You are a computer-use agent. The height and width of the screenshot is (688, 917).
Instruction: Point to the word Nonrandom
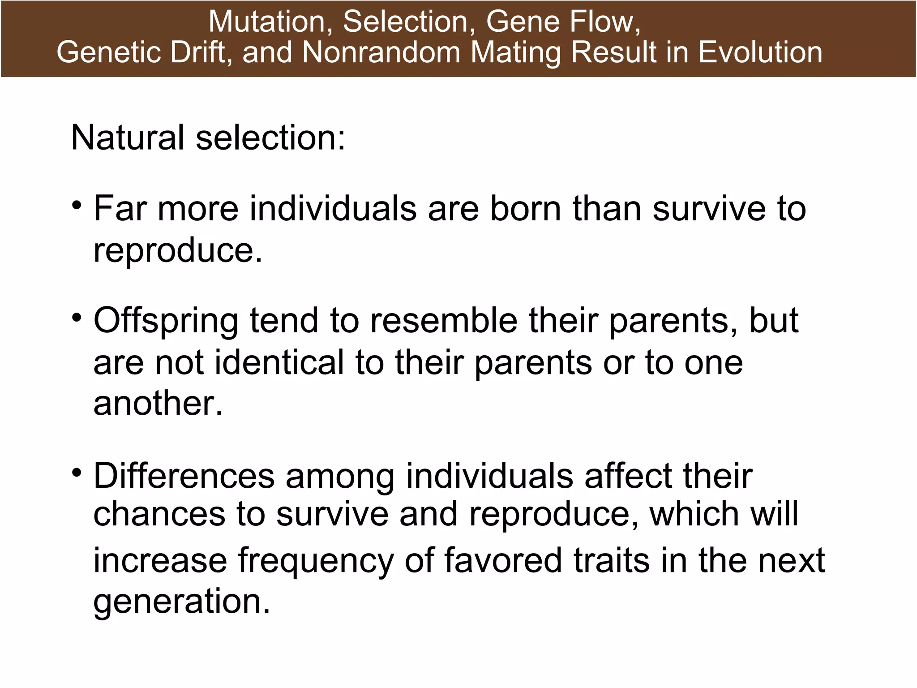[x=381, y=52]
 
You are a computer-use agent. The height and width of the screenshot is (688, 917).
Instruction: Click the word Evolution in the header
[x=760, y=52]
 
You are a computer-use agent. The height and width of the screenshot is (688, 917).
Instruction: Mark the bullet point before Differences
[x=77, y=473]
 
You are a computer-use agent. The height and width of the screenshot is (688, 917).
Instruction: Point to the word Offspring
[x=166, y=322]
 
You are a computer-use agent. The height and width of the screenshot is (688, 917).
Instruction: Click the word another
[x=158, y=403]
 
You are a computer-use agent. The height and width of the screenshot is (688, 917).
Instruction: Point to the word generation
[x=182, y=602]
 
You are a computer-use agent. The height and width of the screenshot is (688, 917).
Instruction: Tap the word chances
[x=159, y=514]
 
